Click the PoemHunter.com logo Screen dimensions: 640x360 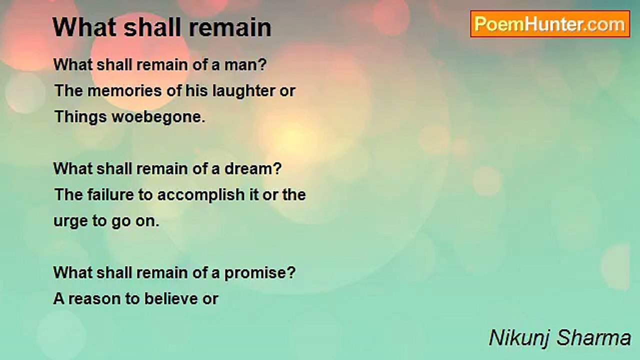pyautogui.click(x=550, y=24)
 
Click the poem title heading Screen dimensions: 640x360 pyautogui.click(x=161, y=27)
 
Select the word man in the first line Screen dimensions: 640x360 pyautogui.click(x=240, y=65)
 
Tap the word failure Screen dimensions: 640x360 pyautogui.click(x=110, y=195)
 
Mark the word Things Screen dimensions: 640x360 pyautogui.click(x=80, y=117)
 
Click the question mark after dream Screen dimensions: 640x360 pyautogui.click(x=276, y=169)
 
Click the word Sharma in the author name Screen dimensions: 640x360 pyautogui.click(x=593, y=337)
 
